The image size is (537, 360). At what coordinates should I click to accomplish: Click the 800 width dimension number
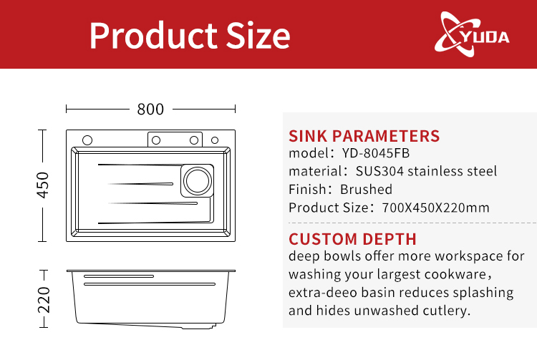[x=150, y=109]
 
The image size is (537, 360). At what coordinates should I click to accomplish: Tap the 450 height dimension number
[x=42, y=185]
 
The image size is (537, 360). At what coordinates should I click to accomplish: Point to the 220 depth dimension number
[x=43, y=299]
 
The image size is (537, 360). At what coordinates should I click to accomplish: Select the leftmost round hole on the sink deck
[x=87, y=139]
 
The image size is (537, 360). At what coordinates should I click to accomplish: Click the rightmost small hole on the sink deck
[x=216, y=139]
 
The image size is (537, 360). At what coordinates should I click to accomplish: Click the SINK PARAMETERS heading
[x=364, y=136]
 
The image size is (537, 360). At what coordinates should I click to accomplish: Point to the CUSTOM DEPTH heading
[x=352, y=239]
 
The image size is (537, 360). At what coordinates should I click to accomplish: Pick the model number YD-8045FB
[x=376, y=153]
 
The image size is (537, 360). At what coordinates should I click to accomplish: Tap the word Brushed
[x=366, y=190]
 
